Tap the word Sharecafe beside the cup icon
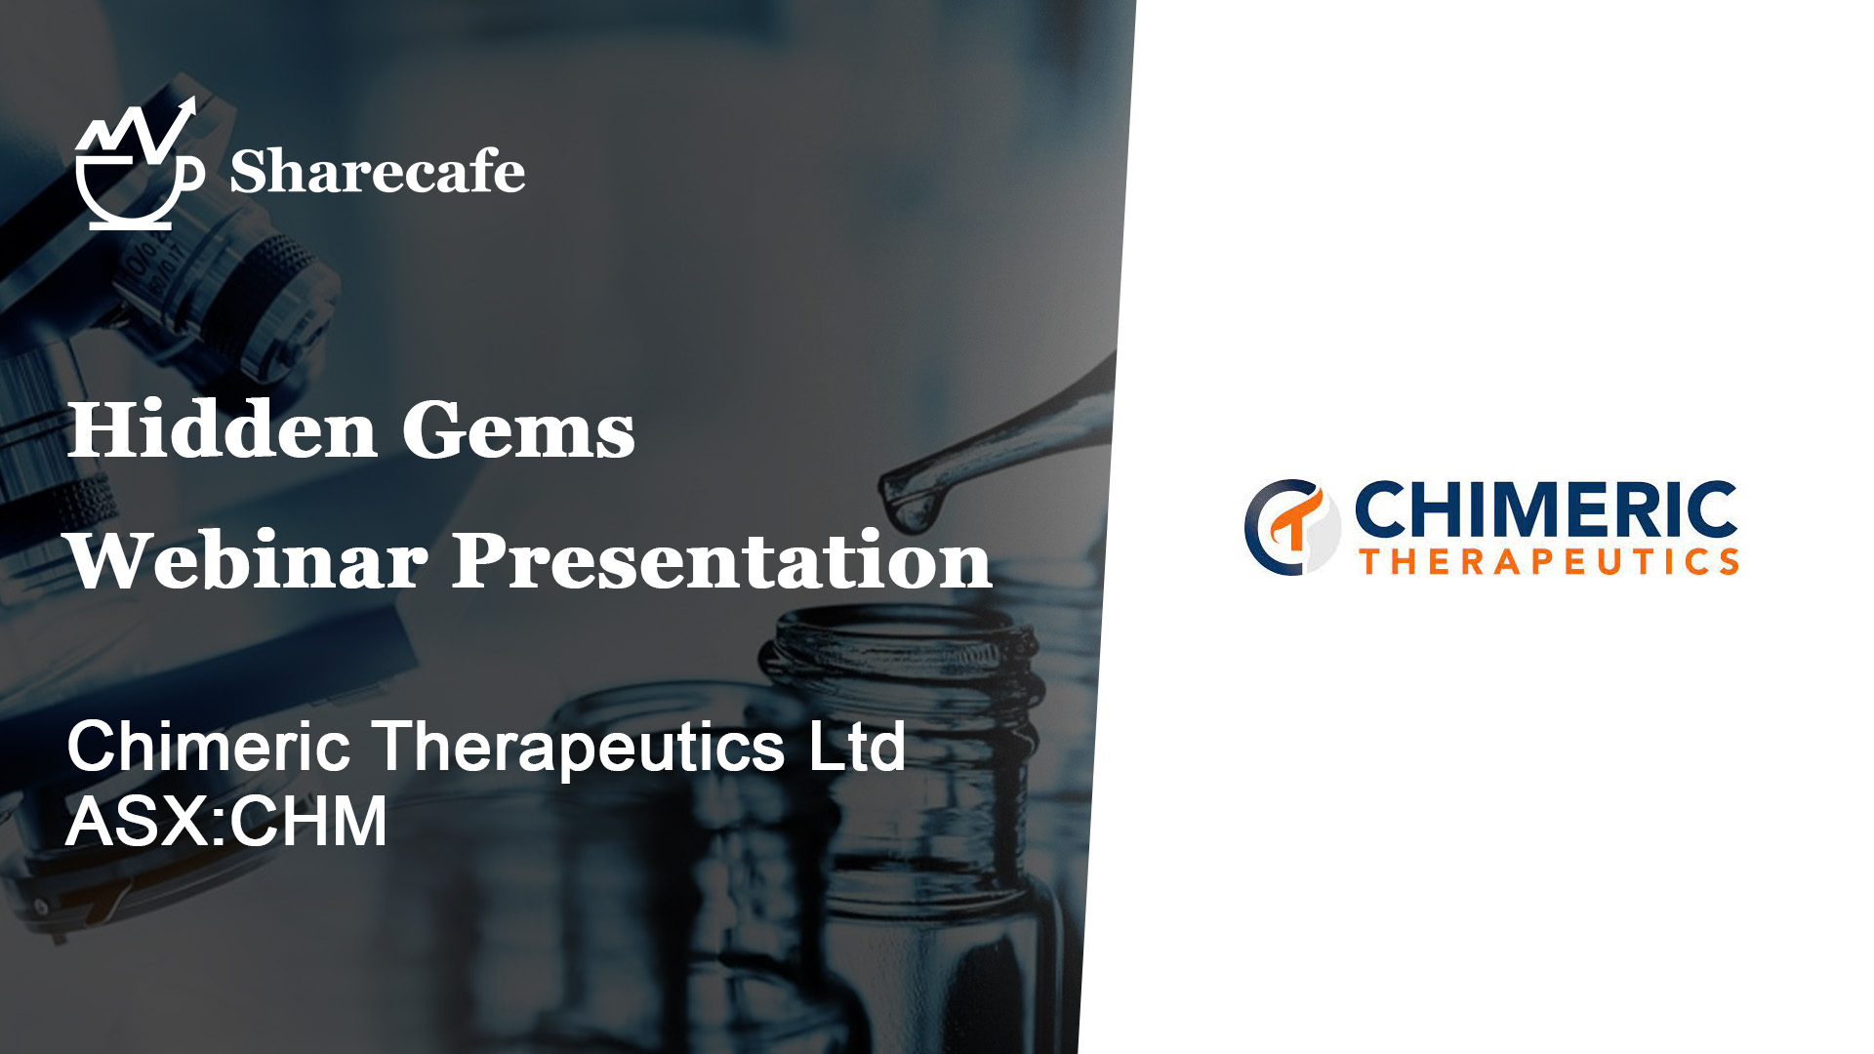378,172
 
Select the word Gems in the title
518,429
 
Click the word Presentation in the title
721,562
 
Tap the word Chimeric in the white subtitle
208,747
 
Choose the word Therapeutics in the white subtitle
579,750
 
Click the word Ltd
857,747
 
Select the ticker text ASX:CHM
226,821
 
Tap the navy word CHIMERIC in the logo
1546,509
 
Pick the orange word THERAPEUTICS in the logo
1550,561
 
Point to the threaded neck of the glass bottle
898,664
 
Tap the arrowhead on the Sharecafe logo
186,108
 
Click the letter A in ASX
90,821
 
